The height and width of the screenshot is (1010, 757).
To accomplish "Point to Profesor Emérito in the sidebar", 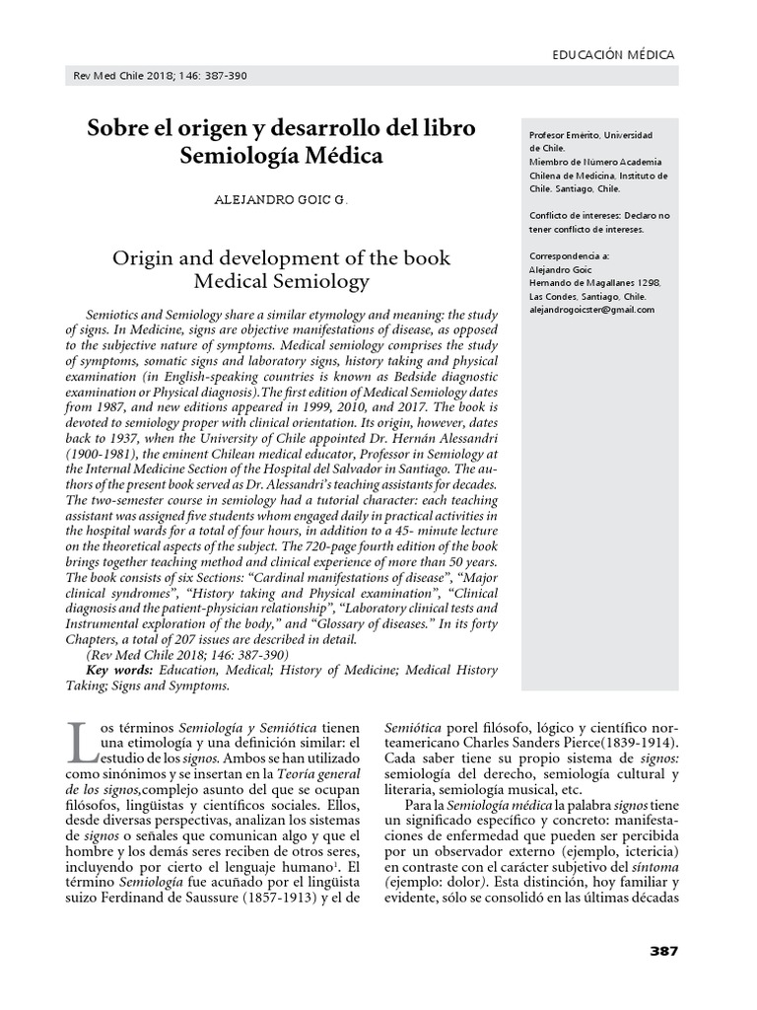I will (565, 135).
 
